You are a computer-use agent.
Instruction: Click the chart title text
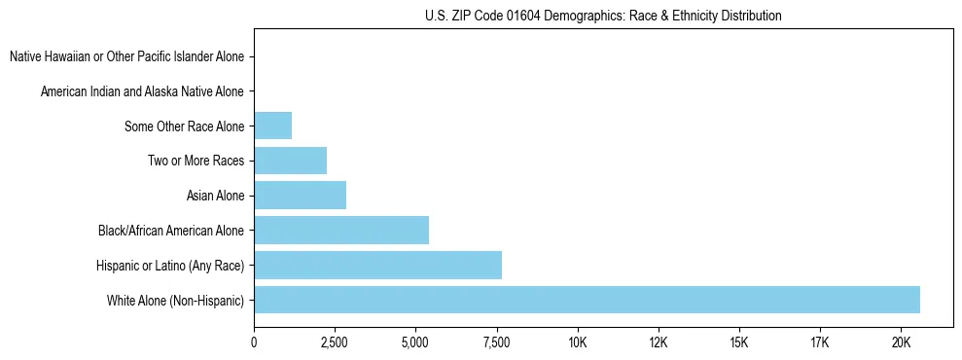[603, 16]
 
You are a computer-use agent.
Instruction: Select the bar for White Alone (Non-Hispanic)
[587, 300]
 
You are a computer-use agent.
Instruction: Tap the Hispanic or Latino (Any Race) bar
[377, 265]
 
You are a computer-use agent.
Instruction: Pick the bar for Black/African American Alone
[341, 230]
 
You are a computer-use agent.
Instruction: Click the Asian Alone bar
[300, 196]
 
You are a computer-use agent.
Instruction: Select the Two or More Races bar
[290, 161]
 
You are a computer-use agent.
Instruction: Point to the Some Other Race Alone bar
[272, 126]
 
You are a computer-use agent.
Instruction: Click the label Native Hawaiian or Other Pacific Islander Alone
[127, 56]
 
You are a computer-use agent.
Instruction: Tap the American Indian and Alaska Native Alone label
[143, 91]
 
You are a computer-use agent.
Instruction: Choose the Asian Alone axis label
[215, 196]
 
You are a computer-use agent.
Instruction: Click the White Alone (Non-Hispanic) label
[176, 301]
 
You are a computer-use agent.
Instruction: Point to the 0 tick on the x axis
[254, 342]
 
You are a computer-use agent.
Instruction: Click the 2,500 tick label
[335, 342]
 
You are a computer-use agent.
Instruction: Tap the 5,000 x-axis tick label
[415, 342]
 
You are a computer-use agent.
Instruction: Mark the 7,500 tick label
[496, 342]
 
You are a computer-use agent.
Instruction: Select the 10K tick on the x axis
[577, 342]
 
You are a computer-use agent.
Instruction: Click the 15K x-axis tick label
[738, 342]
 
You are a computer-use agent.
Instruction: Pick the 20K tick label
[900, 342]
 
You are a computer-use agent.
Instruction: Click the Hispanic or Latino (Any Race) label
[170, 266]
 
